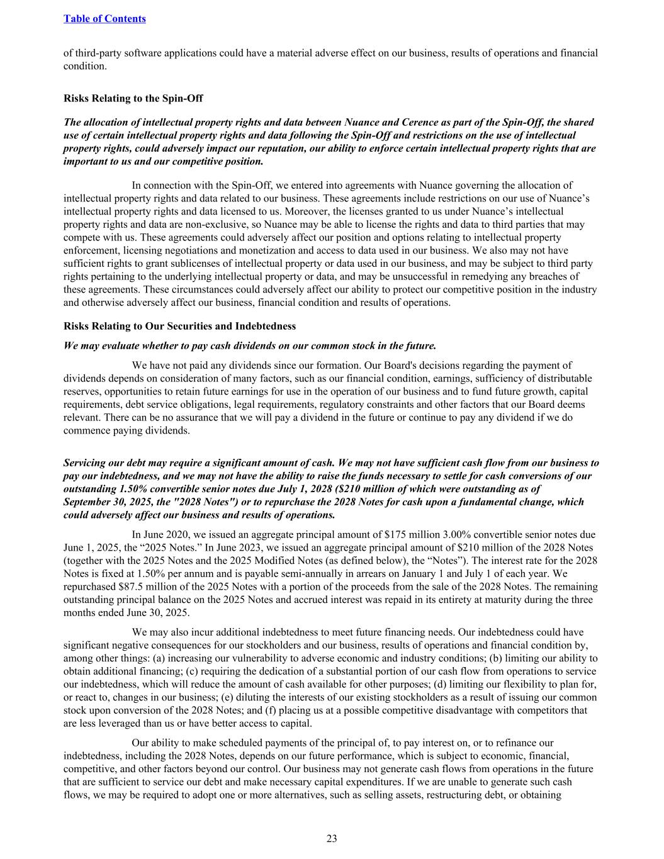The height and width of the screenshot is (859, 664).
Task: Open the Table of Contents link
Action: tap(104, 18)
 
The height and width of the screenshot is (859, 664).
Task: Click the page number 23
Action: tap(332, 838)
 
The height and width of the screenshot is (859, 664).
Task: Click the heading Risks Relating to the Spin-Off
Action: tap(133, 98)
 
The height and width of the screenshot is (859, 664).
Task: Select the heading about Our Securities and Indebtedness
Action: tap(179, 326)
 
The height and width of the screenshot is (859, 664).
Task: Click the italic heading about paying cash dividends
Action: tap(250, 345)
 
